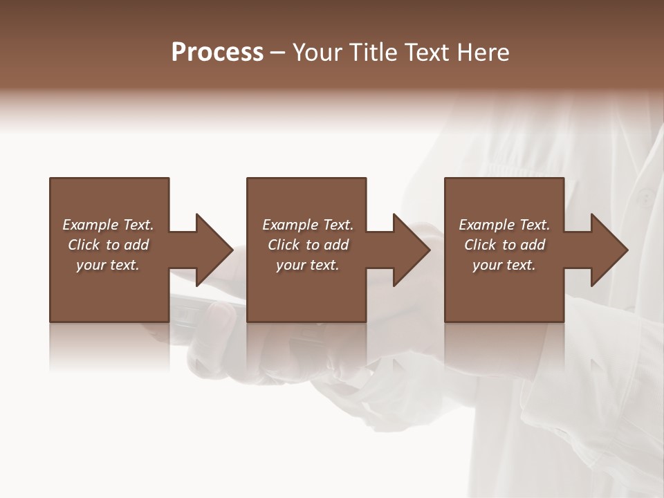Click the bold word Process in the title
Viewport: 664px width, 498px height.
tap(217, 53)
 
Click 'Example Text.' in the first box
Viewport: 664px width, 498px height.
tap(109, 225)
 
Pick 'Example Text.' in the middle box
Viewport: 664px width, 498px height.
tap(308, 225)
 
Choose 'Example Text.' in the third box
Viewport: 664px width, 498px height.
tap(504, 225)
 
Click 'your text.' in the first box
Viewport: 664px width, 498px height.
tap(108, 265)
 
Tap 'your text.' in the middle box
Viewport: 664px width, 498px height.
tap(308, 265)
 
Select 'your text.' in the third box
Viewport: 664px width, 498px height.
tap(504, 265)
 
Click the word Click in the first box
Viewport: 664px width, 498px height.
tap(84, 245)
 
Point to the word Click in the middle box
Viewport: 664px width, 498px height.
tap(284, 245)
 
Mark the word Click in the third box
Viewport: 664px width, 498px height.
tap(480, 245)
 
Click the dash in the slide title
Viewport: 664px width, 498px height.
tap(278, 53)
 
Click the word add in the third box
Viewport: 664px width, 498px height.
tap(533, 245)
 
